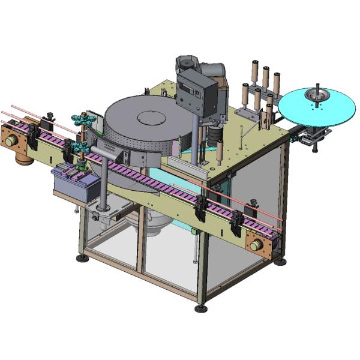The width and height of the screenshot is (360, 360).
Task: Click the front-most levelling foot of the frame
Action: [201, 308]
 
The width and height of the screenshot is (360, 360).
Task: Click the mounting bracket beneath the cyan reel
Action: [314, 136]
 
